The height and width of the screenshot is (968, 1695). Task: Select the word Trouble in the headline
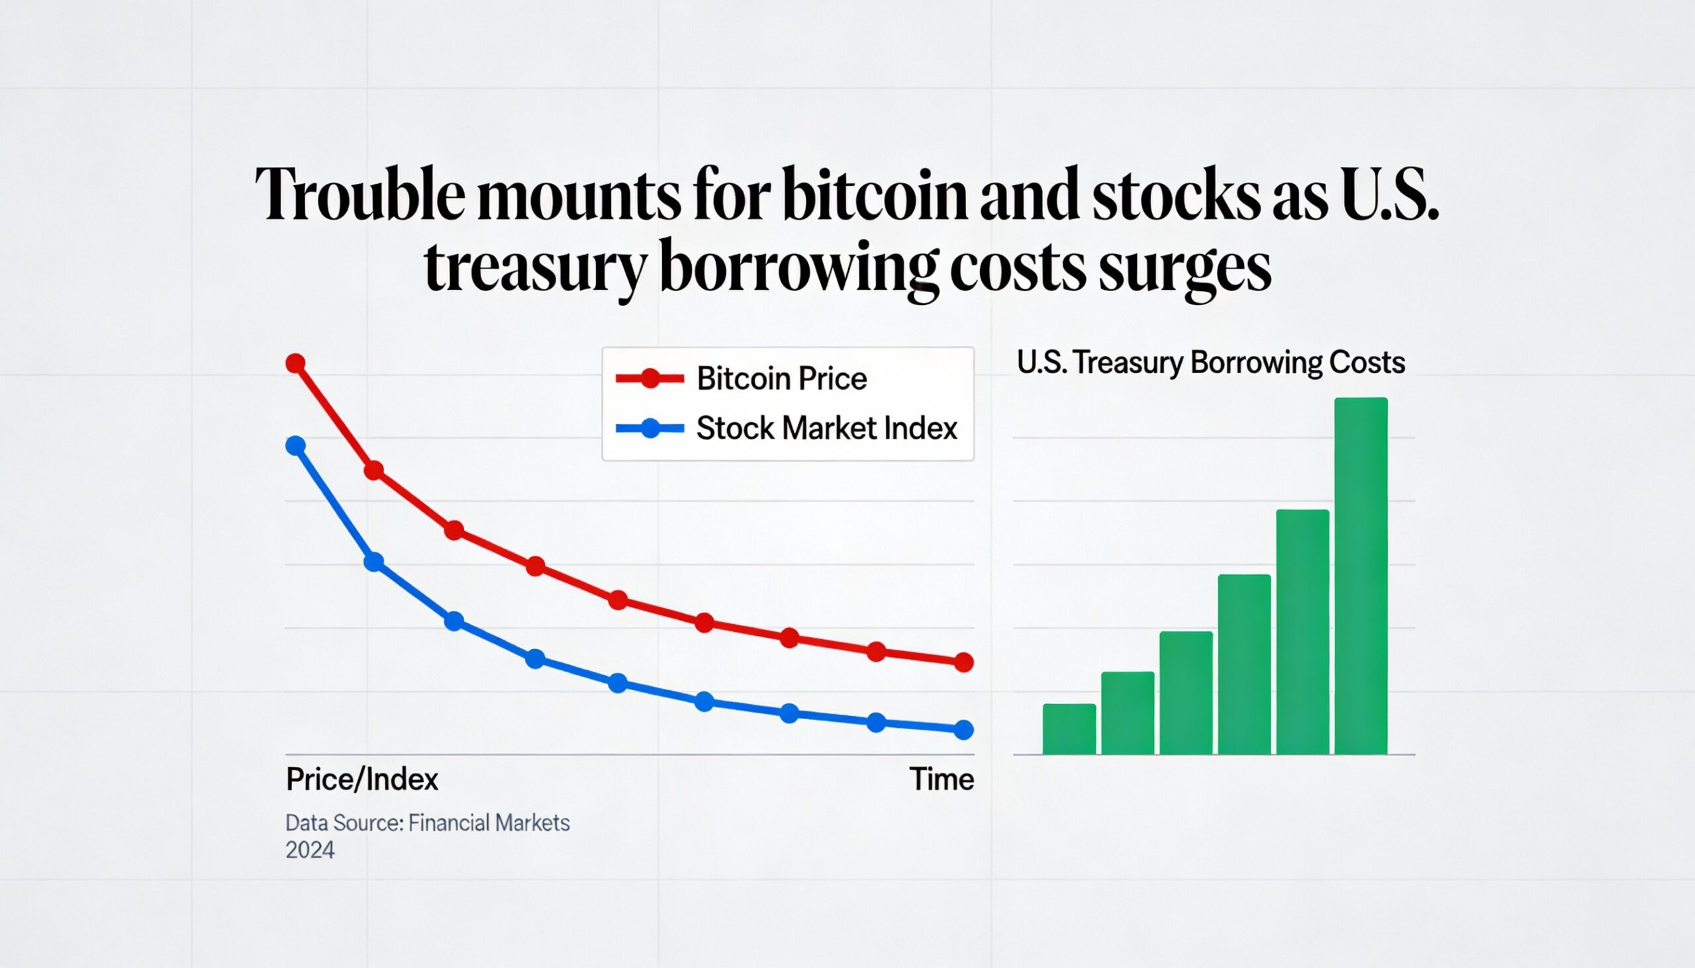coord(361,193)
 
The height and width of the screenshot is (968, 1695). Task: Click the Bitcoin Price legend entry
coord(742,379)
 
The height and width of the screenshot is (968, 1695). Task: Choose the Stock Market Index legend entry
coord(787,428)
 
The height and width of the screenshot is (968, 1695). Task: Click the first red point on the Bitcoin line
coord(295,364)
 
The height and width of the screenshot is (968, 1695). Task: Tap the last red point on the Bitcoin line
coord(964,662)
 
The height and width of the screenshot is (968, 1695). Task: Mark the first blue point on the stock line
coord(295,445)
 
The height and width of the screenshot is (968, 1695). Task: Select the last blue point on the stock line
coord(964,730)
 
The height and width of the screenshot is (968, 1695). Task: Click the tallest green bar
coord(1361,576)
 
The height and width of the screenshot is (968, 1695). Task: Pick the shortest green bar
coord(1069,729)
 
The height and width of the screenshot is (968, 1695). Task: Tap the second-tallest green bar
coord(1302,633)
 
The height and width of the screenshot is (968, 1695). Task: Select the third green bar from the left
coord(1186,693)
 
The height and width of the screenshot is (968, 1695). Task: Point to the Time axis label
coord(942,779)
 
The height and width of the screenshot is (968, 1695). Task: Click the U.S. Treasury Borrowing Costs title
coord(1211,363)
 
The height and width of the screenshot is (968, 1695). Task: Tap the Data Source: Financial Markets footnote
coord(428,823)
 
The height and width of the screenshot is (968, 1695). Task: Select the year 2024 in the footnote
coord(310,850)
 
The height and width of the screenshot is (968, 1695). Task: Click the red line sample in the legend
coord(650,379)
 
